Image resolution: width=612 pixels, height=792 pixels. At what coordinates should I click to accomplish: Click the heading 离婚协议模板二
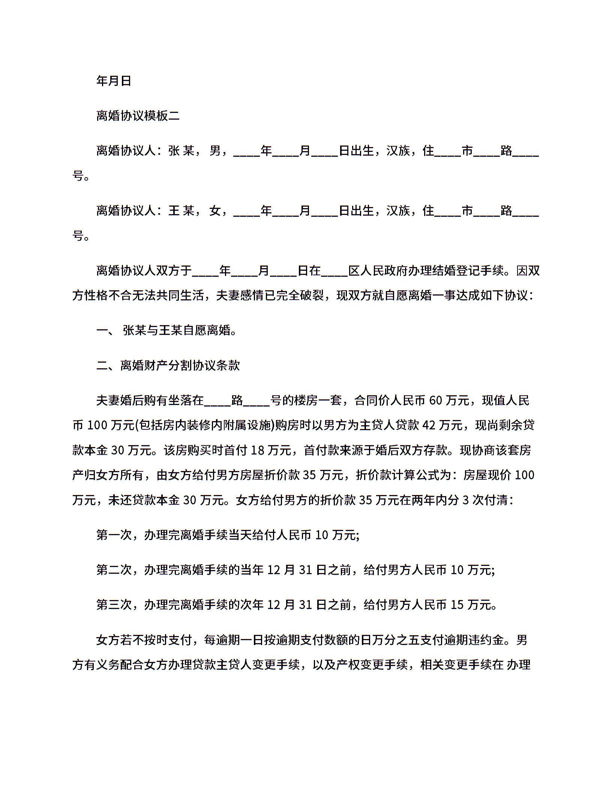pos(138,116)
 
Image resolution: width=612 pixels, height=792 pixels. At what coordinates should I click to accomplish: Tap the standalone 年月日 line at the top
pos(114,81)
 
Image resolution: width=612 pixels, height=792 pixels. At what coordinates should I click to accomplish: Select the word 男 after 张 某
pos(215,151)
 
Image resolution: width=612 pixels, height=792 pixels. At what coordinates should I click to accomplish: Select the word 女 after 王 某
pos(215,211)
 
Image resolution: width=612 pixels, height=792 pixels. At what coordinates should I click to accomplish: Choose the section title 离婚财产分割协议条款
pos(180,366)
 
